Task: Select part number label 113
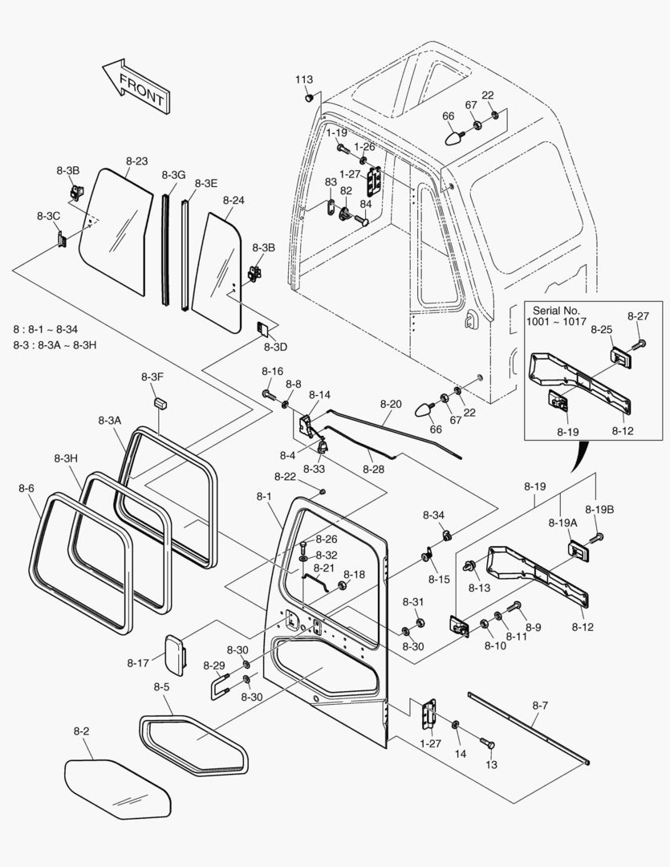(303, 79)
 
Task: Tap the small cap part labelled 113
(309, 98)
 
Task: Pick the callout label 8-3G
(173, 175)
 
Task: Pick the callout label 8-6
(26, 488)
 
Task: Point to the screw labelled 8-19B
(597, 536)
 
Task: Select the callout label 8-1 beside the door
(265, 497)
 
